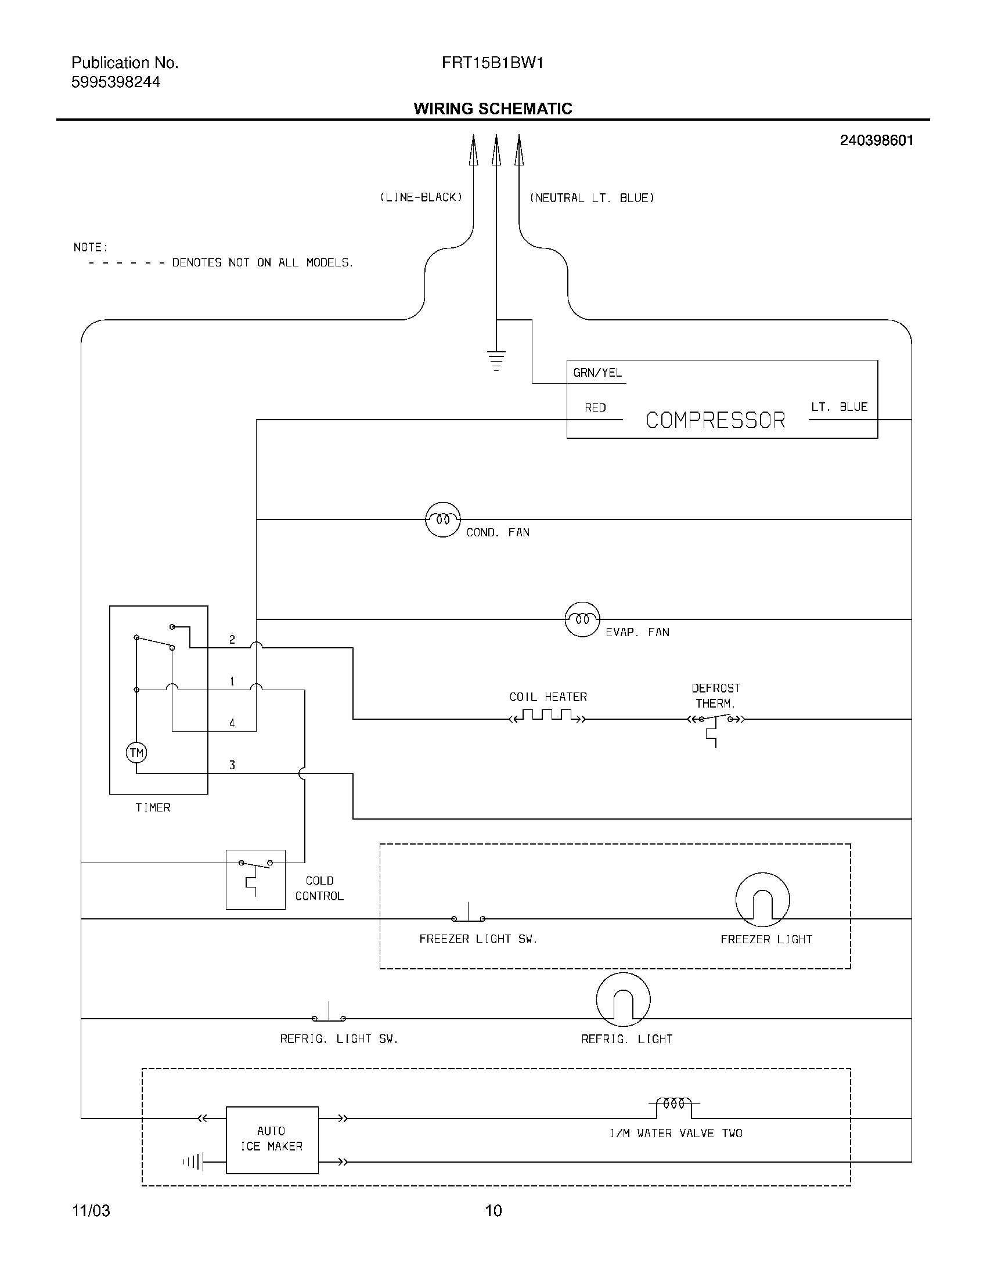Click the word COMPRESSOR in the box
[x=715, y=420]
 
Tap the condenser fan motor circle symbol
[x=442, y=520]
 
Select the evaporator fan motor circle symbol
[x=582, y=619]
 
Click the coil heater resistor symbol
[x=547, y=716]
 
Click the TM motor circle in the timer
[x=136, y=752]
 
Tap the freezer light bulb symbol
[x=762, y=900]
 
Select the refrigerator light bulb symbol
[x=623, y=1000]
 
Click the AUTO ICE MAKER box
[x=272, y=1139]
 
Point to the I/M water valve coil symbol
[x=673, y=1105]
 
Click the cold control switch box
[x=255, y=879]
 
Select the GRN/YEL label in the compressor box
[x=597, y=373]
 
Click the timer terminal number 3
[x=232, y=765]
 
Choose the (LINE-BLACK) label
[x=421, y=197]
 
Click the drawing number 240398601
[x=876, y=140]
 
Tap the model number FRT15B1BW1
[x=493, y=63]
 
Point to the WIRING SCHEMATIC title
[x=493, y=109]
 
